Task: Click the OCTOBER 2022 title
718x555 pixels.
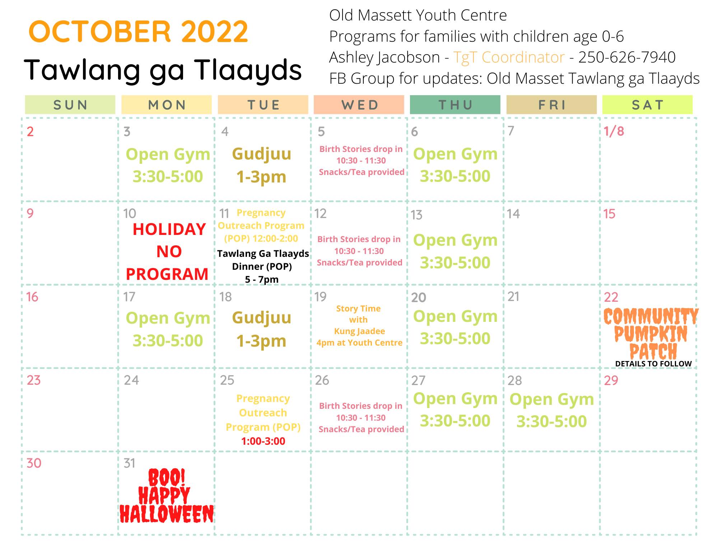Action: coord(138,32)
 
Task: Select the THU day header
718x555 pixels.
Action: coord(455,105)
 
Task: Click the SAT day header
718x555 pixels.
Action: coord(648,105)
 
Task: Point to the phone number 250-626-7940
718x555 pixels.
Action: coord(627,57)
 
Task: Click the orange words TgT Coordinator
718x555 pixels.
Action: coord(509,57)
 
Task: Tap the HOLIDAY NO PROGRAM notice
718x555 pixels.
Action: coord(167,251)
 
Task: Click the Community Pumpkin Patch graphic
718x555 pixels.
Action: coord(651,333)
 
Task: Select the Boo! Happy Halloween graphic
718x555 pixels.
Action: coord(167,496)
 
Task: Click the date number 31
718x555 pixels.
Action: coord(129,463)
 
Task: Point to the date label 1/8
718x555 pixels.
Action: coord(614,131)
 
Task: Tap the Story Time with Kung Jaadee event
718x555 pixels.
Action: coord(359,325)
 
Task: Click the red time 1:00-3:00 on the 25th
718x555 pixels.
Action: coord(263,441)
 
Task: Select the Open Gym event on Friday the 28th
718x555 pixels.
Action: coord(552,410)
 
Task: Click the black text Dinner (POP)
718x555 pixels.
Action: coord(262,267)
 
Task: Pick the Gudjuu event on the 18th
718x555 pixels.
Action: coord(262,329)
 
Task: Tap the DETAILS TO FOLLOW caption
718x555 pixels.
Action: coord(653,364)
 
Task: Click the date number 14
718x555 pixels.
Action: coord(513,214)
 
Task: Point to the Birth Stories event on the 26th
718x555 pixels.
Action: coord(361,417)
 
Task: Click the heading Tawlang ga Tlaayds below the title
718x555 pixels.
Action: coord(163,70)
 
